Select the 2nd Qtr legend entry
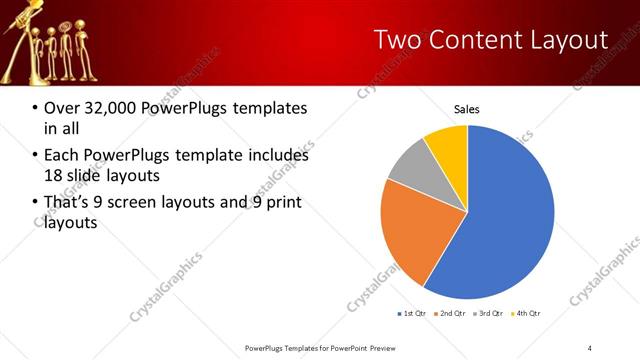pyautogui.click(x=450, y=314)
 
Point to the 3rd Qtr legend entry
pyautogui.click(x=489, y=314)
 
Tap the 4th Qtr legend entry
pyautogui.click(x=527, y=314)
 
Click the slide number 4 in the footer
pyautogui.click(x=589, y=348)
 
